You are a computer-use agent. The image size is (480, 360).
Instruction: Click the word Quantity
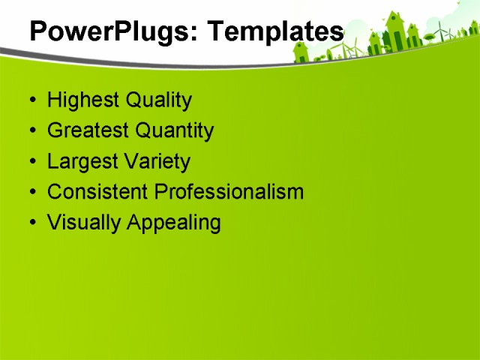[x=175, y=131]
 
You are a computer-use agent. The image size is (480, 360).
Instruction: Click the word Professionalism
[x=229, y=192]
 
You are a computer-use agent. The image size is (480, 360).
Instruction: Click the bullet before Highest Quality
[x=32, y=101]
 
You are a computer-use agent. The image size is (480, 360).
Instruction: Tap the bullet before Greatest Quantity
[x=32, y=132]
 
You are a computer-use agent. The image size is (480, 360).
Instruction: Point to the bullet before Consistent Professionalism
[x=32, y=193]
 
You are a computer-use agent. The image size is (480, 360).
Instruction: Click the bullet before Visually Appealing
[x=32, y=223]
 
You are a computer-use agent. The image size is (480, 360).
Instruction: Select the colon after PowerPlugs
[x=197, y=34]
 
